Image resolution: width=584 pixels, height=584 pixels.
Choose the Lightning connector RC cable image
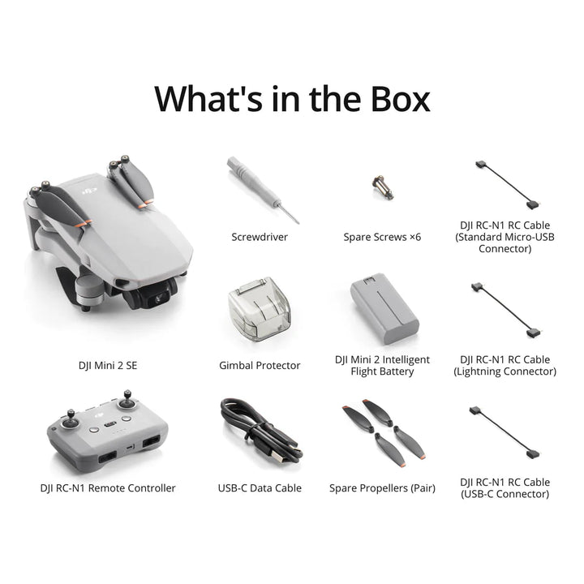[x=504, y=310]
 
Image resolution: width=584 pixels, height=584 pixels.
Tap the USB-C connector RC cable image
[x=504, y=433]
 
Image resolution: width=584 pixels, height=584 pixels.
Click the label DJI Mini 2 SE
[x=107, y=366]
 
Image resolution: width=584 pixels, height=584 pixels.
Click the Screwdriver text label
[x=260, y=238]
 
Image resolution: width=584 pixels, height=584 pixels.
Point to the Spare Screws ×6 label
[x=382, y=238]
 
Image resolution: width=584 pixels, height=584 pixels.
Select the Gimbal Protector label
[x=260, y=366]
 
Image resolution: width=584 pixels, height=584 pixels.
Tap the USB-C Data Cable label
[x=260, y=488]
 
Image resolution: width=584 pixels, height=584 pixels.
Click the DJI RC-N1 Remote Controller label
[x=108, y=488]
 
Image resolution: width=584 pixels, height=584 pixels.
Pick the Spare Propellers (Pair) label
[x=382, y=488]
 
